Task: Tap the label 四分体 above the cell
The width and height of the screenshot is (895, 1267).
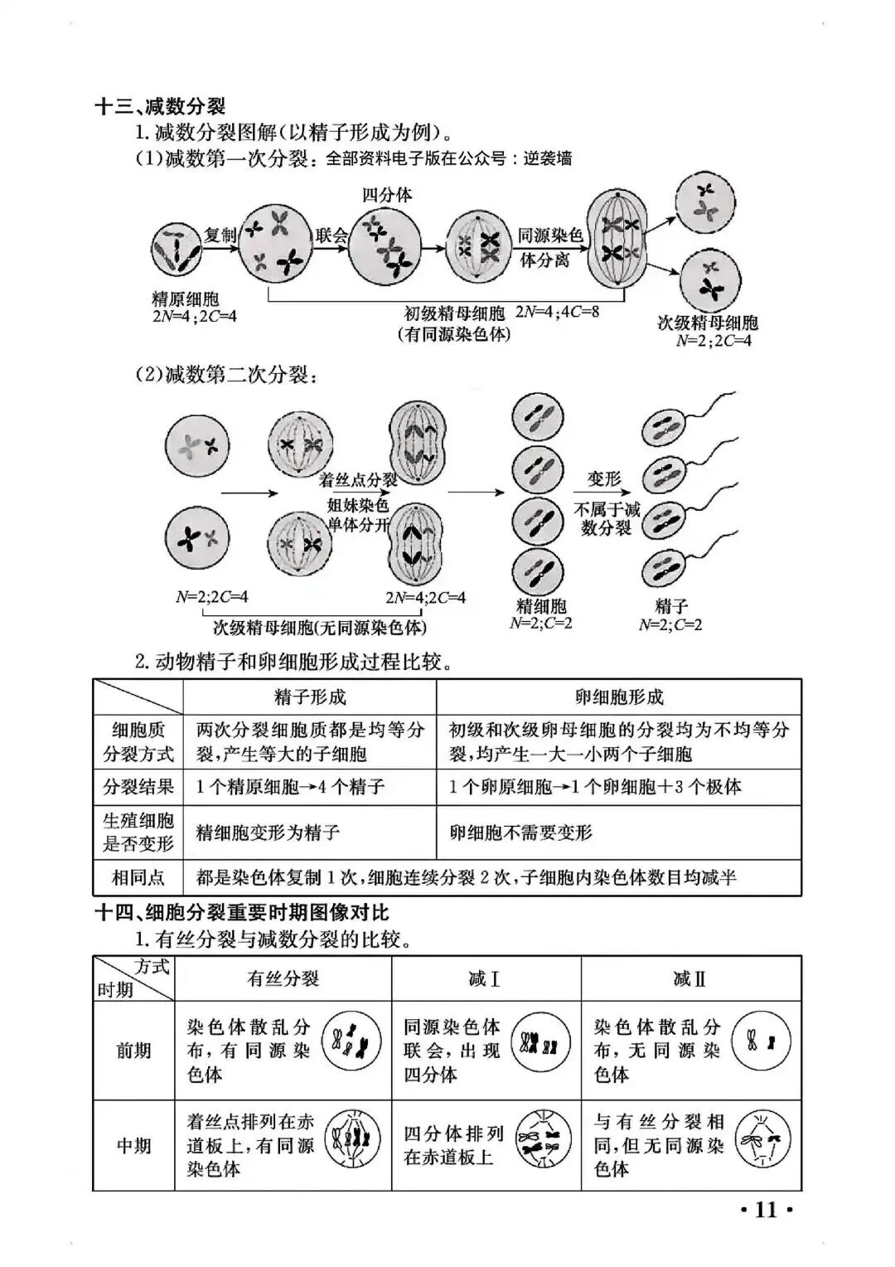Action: point(386,195)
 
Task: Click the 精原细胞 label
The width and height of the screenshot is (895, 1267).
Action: point(186,299)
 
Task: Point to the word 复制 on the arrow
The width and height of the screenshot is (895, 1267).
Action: point(220,235)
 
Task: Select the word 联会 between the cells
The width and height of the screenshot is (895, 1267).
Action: point(331,235)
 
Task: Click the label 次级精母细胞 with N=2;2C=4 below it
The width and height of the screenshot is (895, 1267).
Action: point(708,323)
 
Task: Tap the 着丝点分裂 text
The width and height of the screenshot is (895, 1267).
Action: point(358,479)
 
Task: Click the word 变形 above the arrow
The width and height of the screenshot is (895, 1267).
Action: point(604,479)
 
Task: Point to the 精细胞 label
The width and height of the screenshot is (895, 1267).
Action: point(540,606)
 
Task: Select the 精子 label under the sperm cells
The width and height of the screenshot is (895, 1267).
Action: point(671,606)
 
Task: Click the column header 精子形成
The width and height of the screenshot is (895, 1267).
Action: point(310,697)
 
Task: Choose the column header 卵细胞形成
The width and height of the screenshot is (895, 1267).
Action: point(619,697)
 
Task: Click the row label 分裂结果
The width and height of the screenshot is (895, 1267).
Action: point(138,786)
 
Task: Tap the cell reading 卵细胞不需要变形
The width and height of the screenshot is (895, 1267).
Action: point(521,833)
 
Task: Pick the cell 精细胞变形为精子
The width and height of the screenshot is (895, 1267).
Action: point(268,833)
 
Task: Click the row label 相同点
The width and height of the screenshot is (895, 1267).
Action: point(138,877)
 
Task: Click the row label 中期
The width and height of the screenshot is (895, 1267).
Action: point(133,1145)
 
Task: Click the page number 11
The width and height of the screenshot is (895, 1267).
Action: point(767,1210)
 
